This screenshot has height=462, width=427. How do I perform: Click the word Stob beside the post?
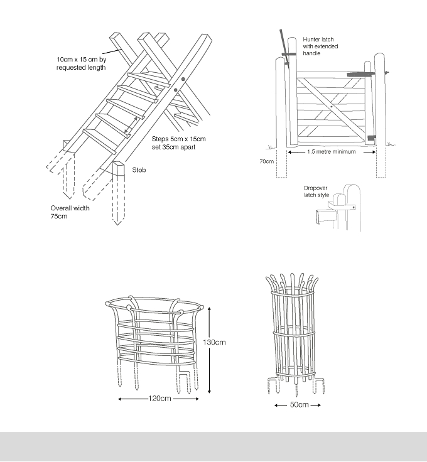139,170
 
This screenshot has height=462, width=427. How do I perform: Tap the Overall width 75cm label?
70,212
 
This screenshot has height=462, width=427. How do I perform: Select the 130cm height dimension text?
214,342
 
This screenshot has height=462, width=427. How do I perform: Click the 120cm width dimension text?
159,399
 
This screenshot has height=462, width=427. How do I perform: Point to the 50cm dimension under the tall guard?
299,404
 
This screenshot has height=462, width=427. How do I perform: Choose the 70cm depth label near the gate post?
266,161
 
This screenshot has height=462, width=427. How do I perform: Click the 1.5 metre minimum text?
332,152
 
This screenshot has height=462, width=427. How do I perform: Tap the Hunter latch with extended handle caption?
320,46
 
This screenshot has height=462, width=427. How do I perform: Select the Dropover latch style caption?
316,191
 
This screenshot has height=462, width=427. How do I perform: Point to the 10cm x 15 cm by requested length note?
82,63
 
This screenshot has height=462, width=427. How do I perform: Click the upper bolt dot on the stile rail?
183,79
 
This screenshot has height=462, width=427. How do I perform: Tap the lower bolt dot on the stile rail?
176,90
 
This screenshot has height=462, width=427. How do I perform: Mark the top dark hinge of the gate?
360,74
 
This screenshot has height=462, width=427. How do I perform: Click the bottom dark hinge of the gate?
372,137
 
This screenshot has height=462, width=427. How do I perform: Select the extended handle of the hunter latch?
284,47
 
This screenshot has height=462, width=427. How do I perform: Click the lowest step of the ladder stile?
100,141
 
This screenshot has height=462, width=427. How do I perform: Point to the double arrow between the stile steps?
131,125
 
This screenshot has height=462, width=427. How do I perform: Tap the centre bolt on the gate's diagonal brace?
332,107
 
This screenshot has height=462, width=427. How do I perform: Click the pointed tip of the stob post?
117,225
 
